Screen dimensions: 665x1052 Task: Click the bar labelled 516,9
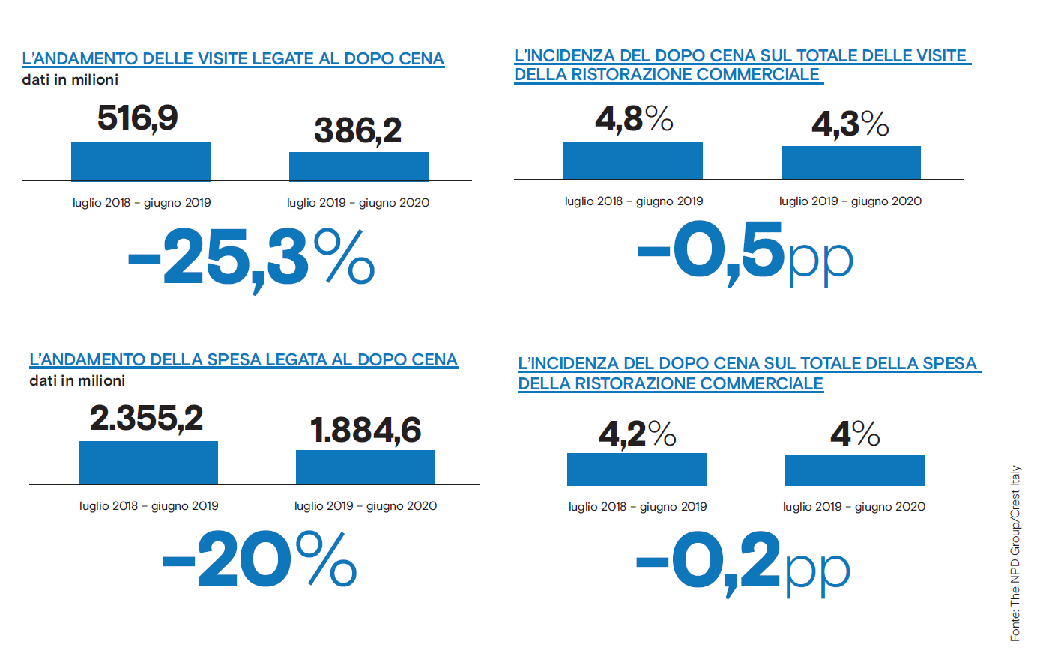coord(141,161)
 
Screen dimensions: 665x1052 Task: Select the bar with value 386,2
coord(358,166)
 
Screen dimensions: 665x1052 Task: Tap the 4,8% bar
coord(633,160)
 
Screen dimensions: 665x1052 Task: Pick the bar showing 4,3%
coord(850,163)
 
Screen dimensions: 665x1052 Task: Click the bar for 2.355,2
coord(148,462)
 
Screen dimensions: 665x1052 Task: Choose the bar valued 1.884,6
coord(366,467)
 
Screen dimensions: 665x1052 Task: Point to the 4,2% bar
coord(637,469)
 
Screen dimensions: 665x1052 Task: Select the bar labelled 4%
coord(854,470)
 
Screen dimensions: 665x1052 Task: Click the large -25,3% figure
coord(251,258)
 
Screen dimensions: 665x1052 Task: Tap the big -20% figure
coord(259,559)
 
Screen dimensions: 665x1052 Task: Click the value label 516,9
coord(138,118)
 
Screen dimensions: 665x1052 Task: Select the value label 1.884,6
coord(366,431)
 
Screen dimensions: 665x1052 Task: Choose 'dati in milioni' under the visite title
coord(70,79)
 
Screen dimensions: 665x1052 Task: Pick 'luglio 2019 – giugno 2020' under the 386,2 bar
coord(358,202)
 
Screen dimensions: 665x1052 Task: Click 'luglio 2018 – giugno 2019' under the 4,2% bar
coord(638,506)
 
